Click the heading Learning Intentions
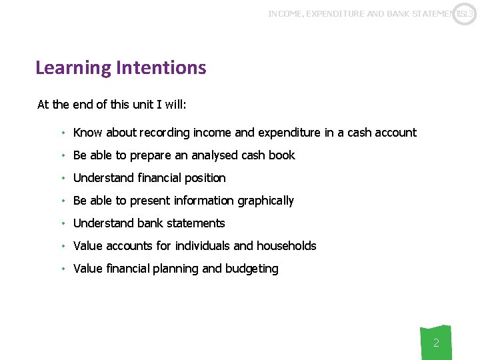pyautogui.click(x=121, y=67)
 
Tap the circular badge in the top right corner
pyautogui.click(x=465, y=14)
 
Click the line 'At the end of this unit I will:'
pyautogui.click(x=111, y=105)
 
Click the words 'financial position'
pyautogui.click(x=181, y=178)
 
